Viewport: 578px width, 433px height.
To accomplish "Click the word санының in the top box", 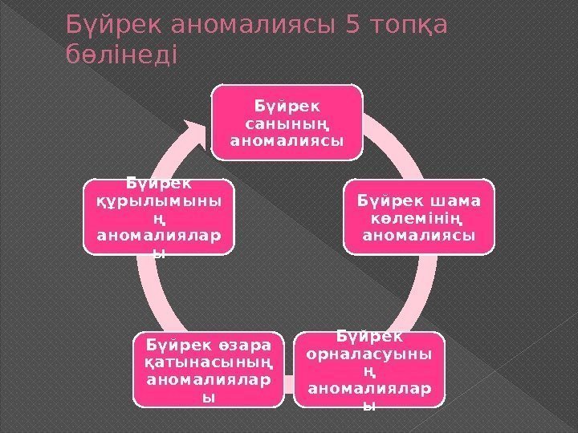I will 287,124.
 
